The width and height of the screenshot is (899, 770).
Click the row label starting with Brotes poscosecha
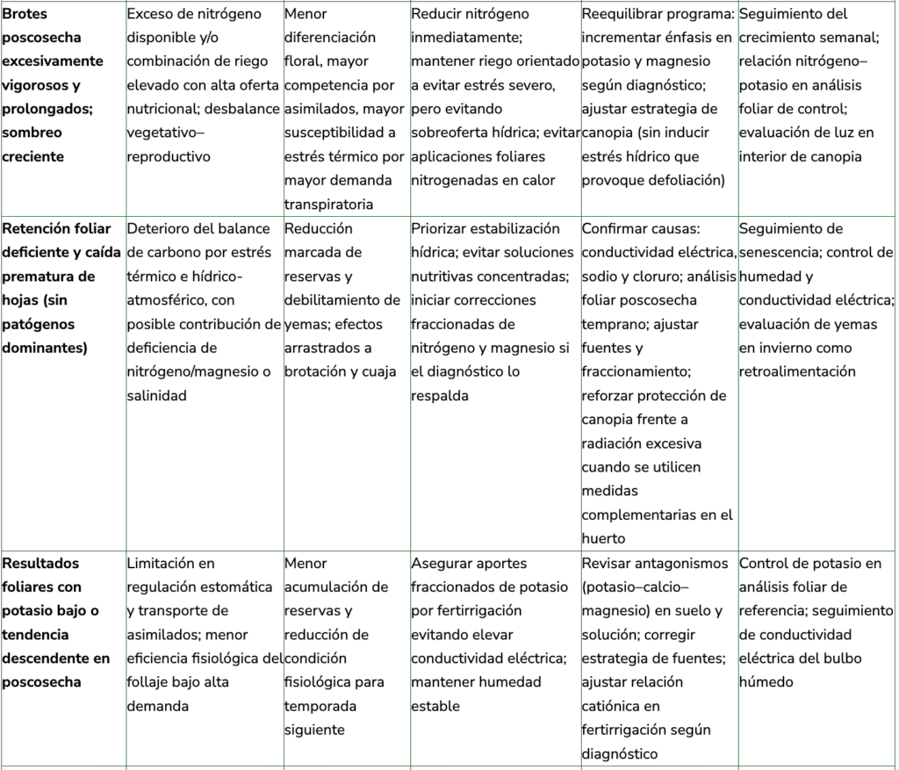54,85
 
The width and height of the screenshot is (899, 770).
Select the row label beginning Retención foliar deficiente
61,288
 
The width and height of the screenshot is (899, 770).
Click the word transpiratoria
329,205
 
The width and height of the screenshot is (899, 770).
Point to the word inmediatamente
465,38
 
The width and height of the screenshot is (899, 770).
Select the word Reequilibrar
622,14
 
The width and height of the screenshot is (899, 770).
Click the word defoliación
682,181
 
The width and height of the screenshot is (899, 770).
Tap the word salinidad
157,396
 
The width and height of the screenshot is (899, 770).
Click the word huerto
603,538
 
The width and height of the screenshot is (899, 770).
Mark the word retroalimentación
797,371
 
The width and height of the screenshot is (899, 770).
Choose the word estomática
229,586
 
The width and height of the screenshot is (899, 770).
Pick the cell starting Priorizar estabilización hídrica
494,312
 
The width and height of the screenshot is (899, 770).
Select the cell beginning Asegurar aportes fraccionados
494,634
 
